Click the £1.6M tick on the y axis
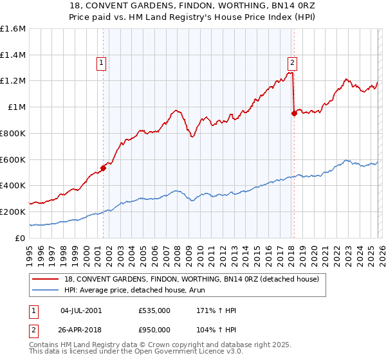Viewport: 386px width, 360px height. (x=13, y=29)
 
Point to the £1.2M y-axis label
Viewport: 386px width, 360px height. (x=13, y=81)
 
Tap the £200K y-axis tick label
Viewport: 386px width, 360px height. (x=13, y=212)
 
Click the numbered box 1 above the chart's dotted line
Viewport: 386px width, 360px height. (x=102, y=63)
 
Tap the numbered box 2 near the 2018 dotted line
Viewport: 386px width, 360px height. (x=292, y=63)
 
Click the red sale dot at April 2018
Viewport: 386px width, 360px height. (x=294, y=113)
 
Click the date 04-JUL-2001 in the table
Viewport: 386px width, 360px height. (x=80, y=310)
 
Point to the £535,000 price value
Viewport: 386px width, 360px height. (x=154, y=310)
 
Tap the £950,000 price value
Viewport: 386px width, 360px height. (x=154, y=329)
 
